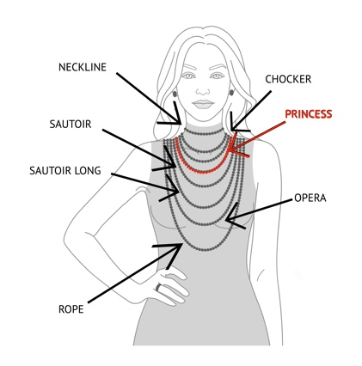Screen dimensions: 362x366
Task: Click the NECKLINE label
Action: (83, 67)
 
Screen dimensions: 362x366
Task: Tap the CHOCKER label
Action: (288, 79)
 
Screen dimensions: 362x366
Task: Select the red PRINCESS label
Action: (309, 114)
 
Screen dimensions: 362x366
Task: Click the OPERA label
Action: (310, 198)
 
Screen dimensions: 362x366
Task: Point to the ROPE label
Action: (71, 309)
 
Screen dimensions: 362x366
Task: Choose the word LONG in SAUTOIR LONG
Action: (88, 171)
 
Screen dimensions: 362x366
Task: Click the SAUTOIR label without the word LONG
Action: (71, 125)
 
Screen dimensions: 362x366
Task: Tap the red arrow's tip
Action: (229, 149)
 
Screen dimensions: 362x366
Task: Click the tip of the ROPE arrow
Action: (182, 244)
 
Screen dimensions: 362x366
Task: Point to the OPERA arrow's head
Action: (225, 220)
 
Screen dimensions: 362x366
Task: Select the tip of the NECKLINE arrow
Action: (181, 124)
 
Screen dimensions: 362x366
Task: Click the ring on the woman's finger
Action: (159, 287)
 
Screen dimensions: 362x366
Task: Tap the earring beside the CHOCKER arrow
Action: (231, 92)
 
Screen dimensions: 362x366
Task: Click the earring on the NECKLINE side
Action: (175, 94)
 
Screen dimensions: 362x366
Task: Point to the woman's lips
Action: (203, 104)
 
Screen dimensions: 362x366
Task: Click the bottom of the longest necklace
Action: (205, 250)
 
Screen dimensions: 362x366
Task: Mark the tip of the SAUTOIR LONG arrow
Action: (179, 192)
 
